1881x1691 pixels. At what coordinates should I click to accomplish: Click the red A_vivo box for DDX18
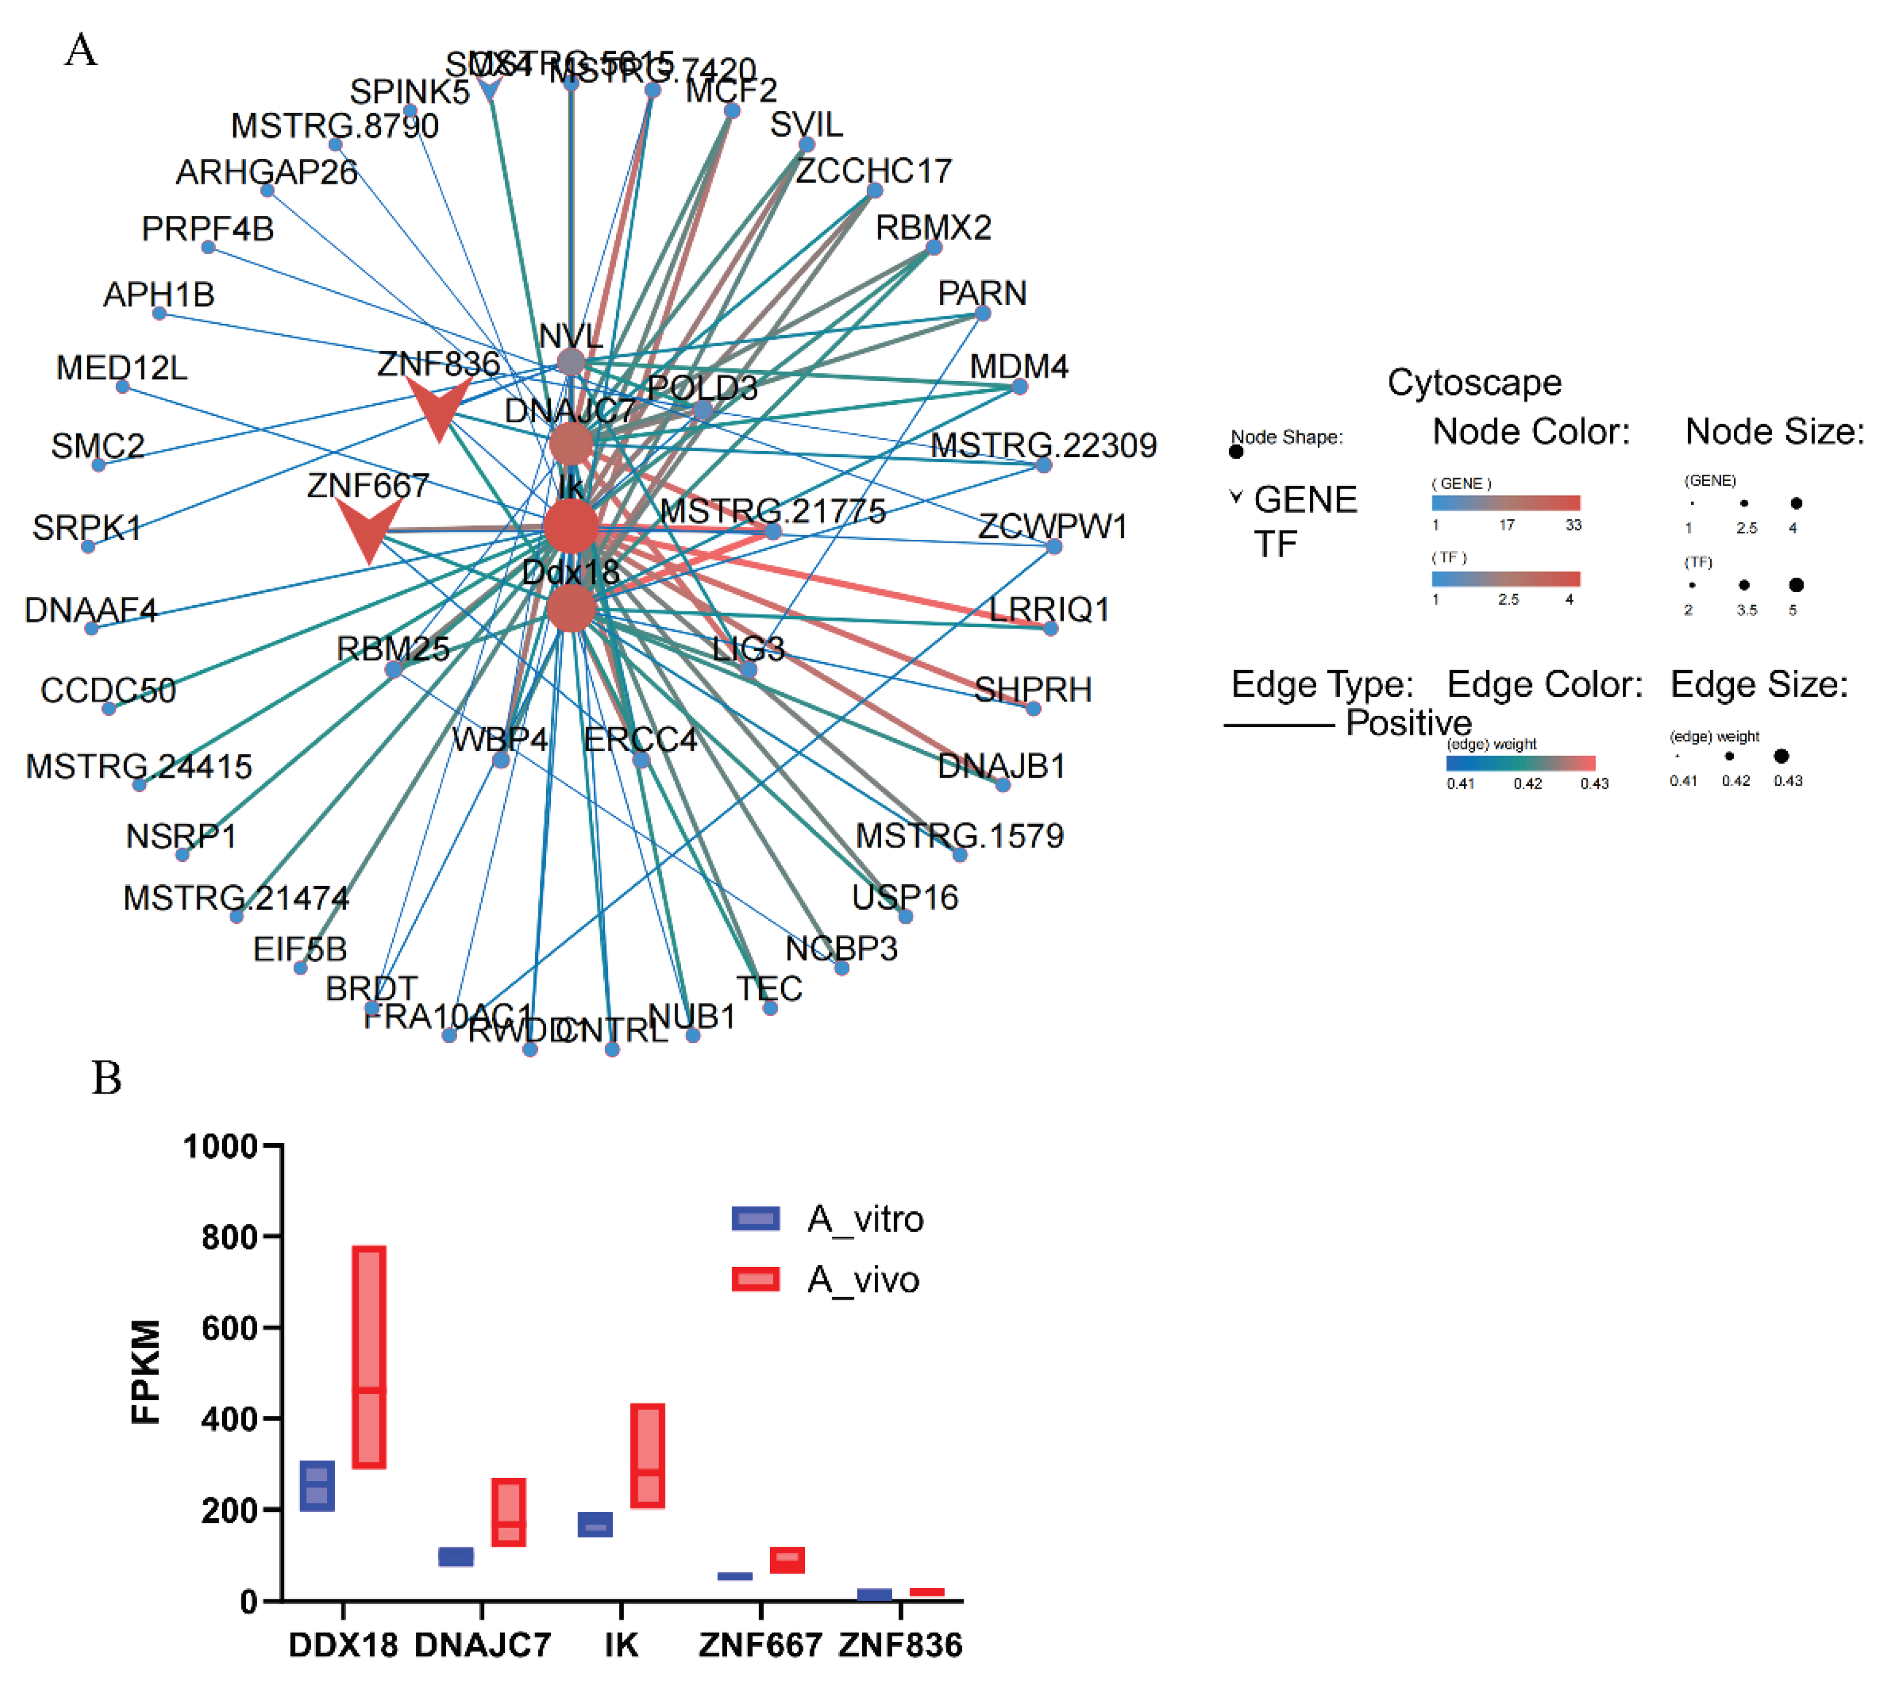[369, 1357]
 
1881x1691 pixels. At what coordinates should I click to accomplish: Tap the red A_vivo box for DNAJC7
[508, 1512]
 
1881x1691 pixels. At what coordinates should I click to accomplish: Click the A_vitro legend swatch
[754, 1218]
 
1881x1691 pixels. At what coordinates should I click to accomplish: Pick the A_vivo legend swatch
[754, 1279]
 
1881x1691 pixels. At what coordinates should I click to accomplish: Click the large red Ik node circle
[571, 527]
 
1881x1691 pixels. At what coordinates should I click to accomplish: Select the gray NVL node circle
[571, 361]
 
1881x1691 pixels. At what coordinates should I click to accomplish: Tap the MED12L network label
[122, 368]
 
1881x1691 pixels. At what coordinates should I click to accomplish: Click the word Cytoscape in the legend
[1474, 382]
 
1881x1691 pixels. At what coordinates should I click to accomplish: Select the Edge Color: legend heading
[1544, 684]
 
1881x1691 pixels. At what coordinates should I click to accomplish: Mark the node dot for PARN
[982, 313]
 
